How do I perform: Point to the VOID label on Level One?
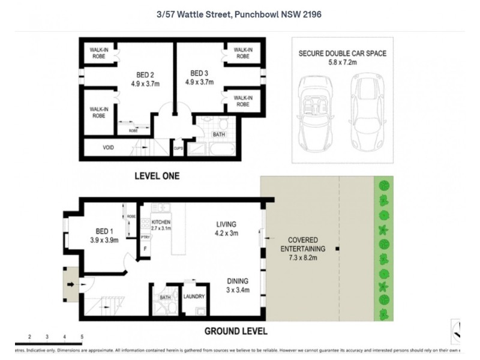coord(108,148)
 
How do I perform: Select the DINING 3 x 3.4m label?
coord(238,285)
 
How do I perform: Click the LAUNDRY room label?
coord(194,296)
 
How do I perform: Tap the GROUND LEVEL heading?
coord(236,331)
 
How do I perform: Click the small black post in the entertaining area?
coord(338,248)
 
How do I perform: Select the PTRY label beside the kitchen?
coord(145,238)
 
